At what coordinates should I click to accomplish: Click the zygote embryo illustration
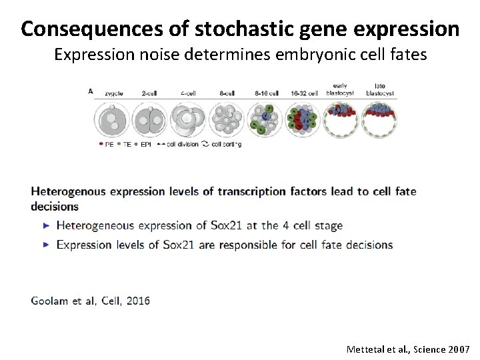point(113,120)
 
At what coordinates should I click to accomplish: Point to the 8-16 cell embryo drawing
point(265,121)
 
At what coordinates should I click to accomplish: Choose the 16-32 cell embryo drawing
point(303,121)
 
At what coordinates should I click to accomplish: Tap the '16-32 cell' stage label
point(303,94)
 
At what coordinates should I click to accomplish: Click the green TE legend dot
point(119,144)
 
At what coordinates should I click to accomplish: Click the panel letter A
point(91,91)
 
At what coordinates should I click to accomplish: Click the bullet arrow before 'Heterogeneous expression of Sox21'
point(46,226)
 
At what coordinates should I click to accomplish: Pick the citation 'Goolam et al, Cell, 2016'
point(91,300)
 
